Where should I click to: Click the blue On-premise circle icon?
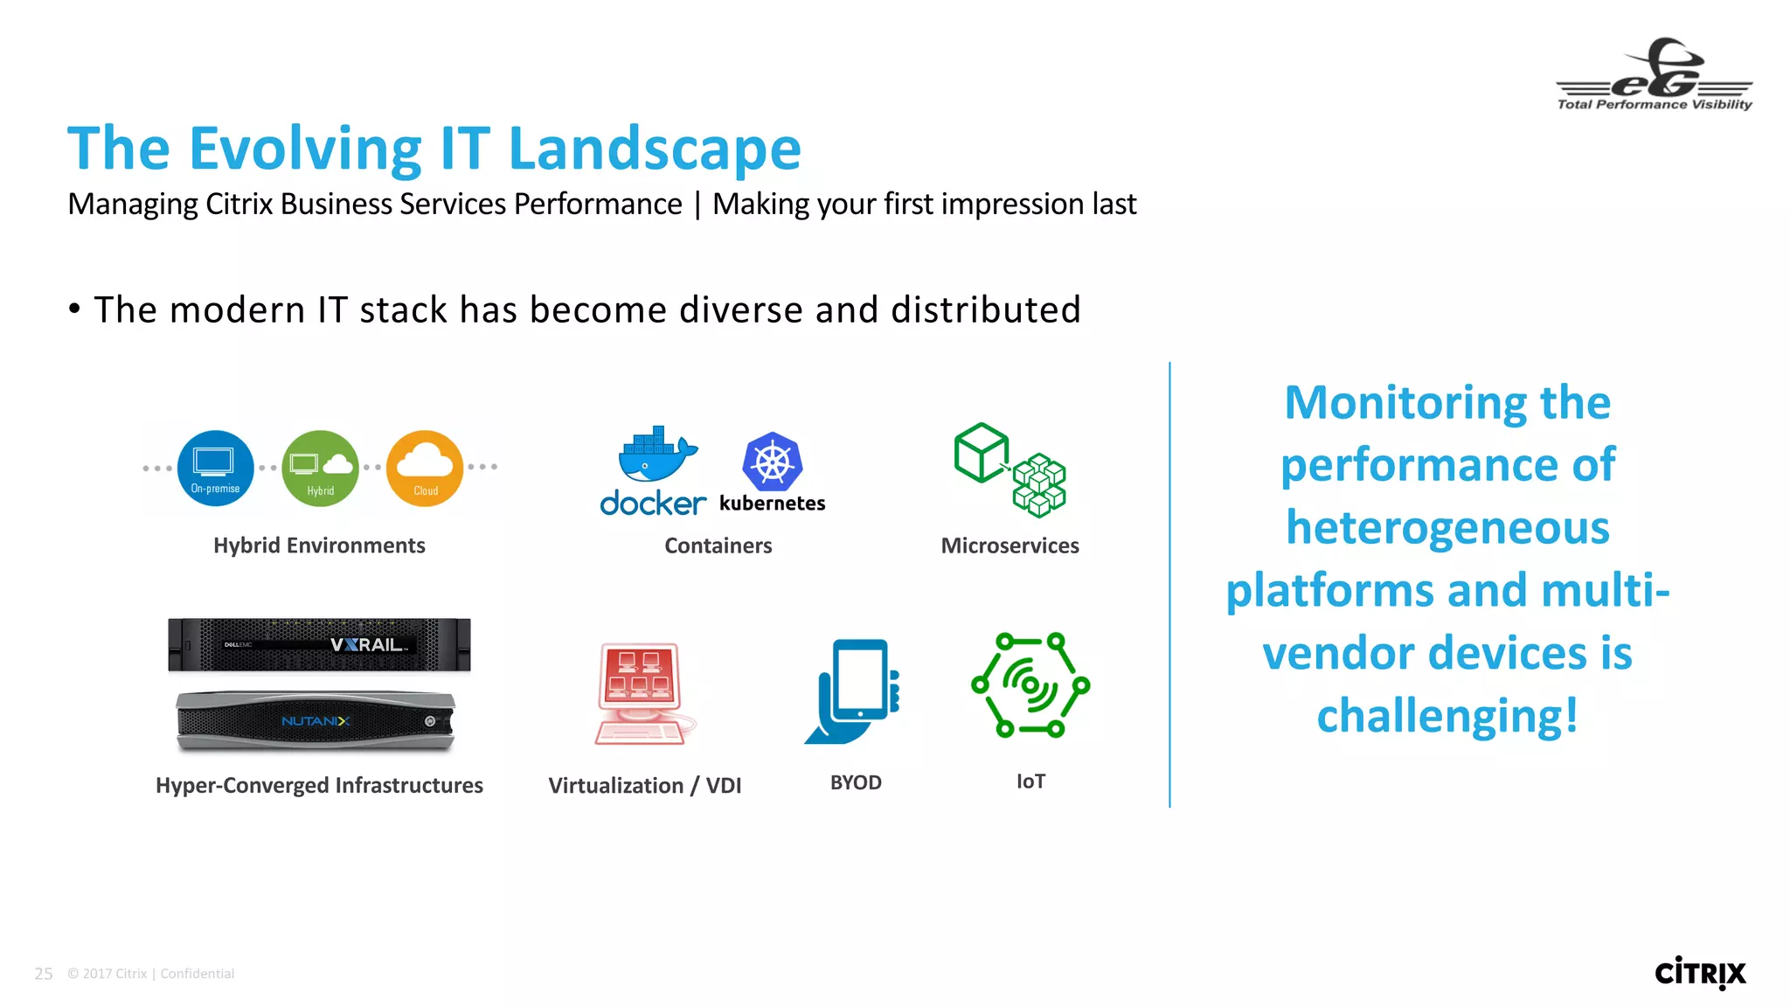(x=215, y=468)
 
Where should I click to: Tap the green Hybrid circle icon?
(x=320, y=468)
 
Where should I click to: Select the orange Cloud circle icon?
(x=425, y=468)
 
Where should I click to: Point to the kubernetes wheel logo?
(x=773, y=462)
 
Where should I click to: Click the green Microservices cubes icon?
(x=1009, y=469)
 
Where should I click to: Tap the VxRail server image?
(x=319, y=645)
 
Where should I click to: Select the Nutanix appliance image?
(x=316, y=721)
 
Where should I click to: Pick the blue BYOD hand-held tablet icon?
(x=854, y=691)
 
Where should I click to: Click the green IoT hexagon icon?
(x=1030, y=684)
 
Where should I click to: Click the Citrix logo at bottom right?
(x=1700, y=973)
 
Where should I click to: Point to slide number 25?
(x=44, y=974)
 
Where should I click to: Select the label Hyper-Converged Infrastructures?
(x=319, y=785)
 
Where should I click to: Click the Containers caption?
(x=718, y=545)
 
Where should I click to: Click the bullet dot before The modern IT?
(x=75, y=308)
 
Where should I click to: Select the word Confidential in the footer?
(x=198, y=974)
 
